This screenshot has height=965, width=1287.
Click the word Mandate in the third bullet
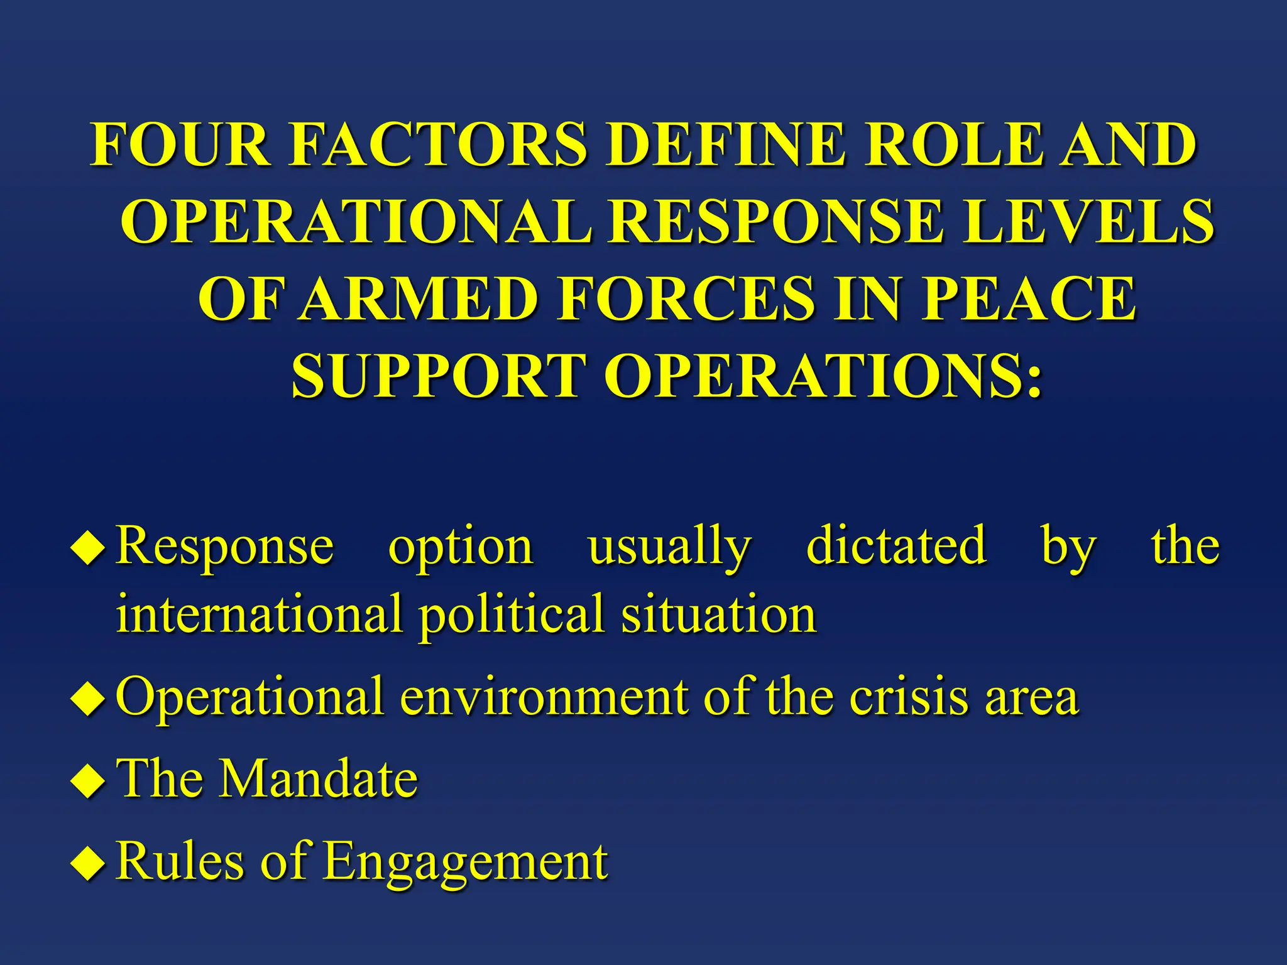tap(317, 778)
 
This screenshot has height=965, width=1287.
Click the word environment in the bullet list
tap(544, 697)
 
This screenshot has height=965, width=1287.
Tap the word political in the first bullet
tap(512, 614)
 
